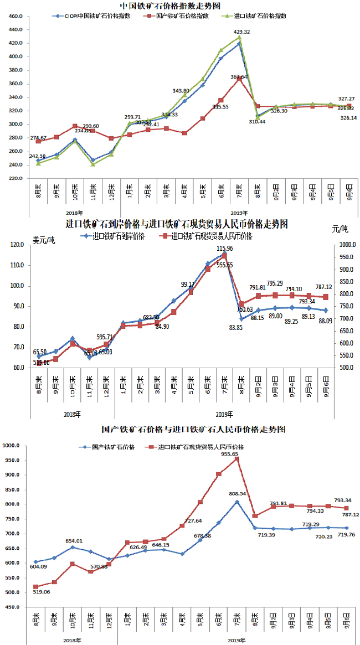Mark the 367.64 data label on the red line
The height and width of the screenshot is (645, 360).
coord(239,77)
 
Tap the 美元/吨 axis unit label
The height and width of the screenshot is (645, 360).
coord(44,240)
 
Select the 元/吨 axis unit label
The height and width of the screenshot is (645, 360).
coord(340,228)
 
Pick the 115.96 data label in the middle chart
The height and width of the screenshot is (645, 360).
coord(225,249)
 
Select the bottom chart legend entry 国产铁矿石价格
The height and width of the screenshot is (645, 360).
coord(112,446)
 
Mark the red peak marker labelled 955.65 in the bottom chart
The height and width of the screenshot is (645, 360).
coord(236,459)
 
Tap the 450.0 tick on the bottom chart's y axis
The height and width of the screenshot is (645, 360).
coord(12,607)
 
